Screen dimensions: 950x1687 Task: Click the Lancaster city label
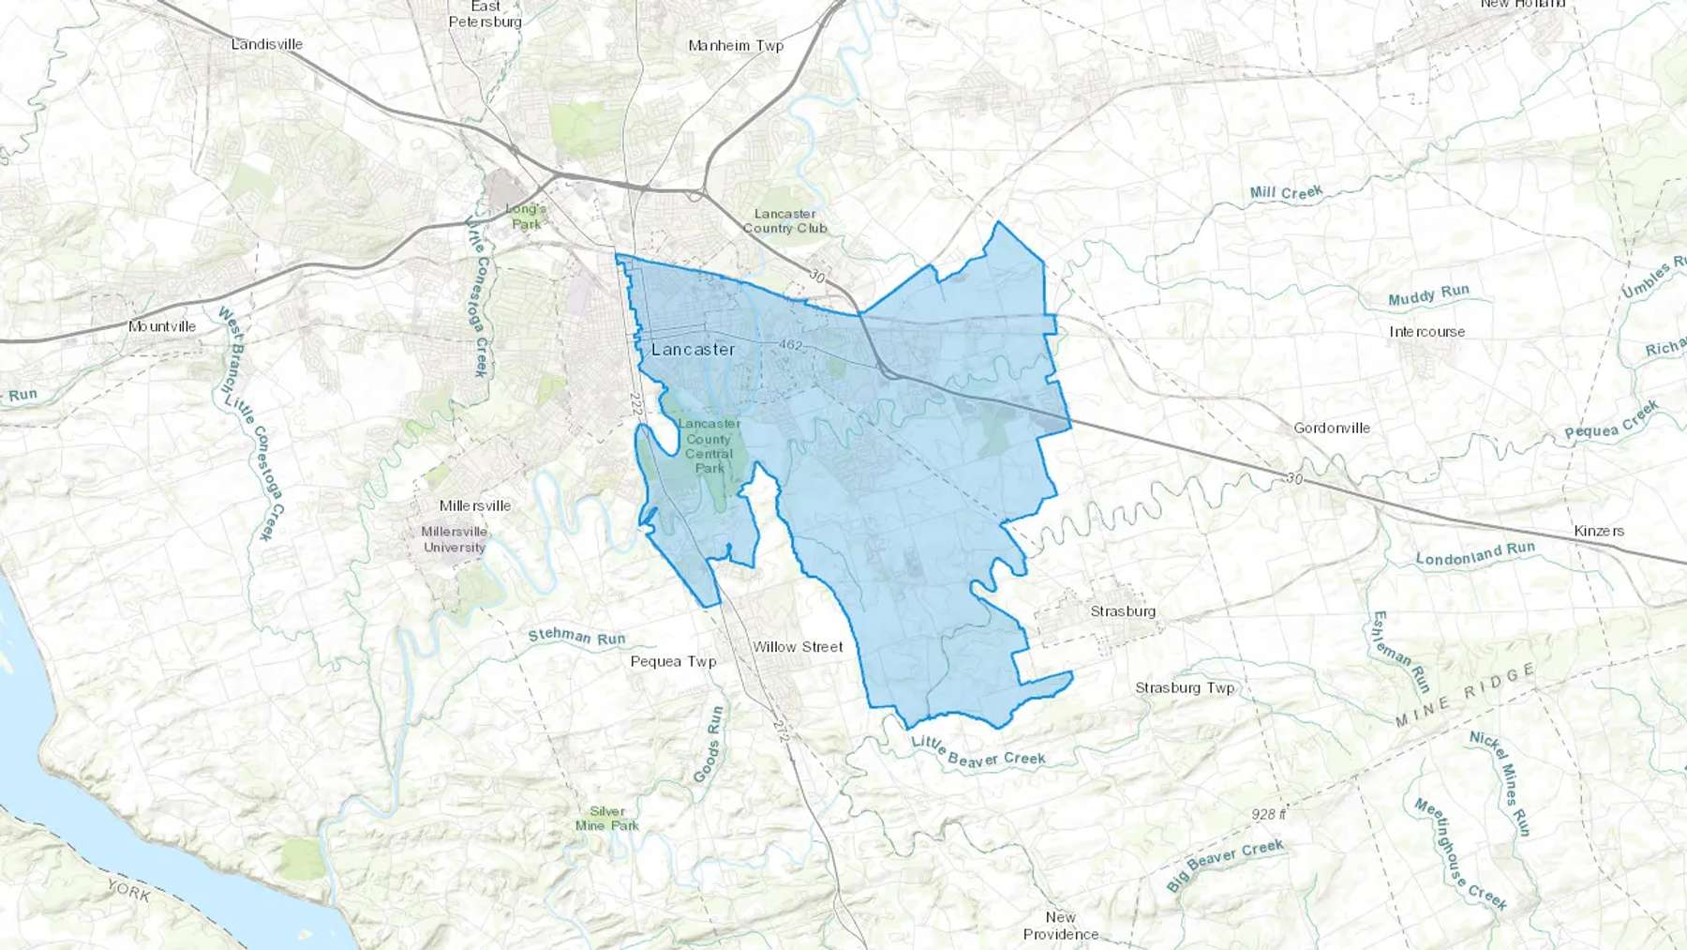(x=693, y=350)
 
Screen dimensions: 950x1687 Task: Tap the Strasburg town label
(x=1123, y=611)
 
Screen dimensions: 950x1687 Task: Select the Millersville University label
(x=455, y=539)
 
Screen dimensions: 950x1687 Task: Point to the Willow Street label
(x=798, y=647)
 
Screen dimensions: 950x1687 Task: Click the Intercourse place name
(x=1426, y=332)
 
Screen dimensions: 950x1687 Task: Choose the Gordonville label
(x=1332, y=429)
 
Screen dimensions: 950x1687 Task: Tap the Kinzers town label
(x=1599, y=531)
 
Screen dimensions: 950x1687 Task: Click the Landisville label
(x=267, y=44)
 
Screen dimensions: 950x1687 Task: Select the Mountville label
(x=162, y=326)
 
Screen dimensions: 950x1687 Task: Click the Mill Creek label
(x=1286, y=193)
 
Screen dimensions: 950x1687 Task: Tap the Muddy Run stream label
(x=1428, y=295)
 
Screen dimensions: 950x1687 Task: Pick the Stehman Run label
(x=576, y=637)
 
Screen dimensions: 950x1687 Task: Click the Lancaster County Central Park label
(x=709, y=445)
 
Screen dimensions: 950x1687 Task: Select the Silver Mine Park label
(x=607, y=819)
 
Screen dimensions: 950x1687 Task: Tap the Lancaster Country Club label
(x=784, y=221)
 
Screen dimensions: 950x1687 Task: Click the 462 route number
(x=791, y=345)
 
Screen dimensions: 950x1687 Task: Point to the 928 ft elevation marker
(x=1268, y=814)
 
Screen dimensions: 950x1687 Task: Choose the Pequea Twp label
(x=673, y=662)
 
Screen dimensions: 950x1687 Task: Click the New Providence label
(x=1061, y=926)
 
